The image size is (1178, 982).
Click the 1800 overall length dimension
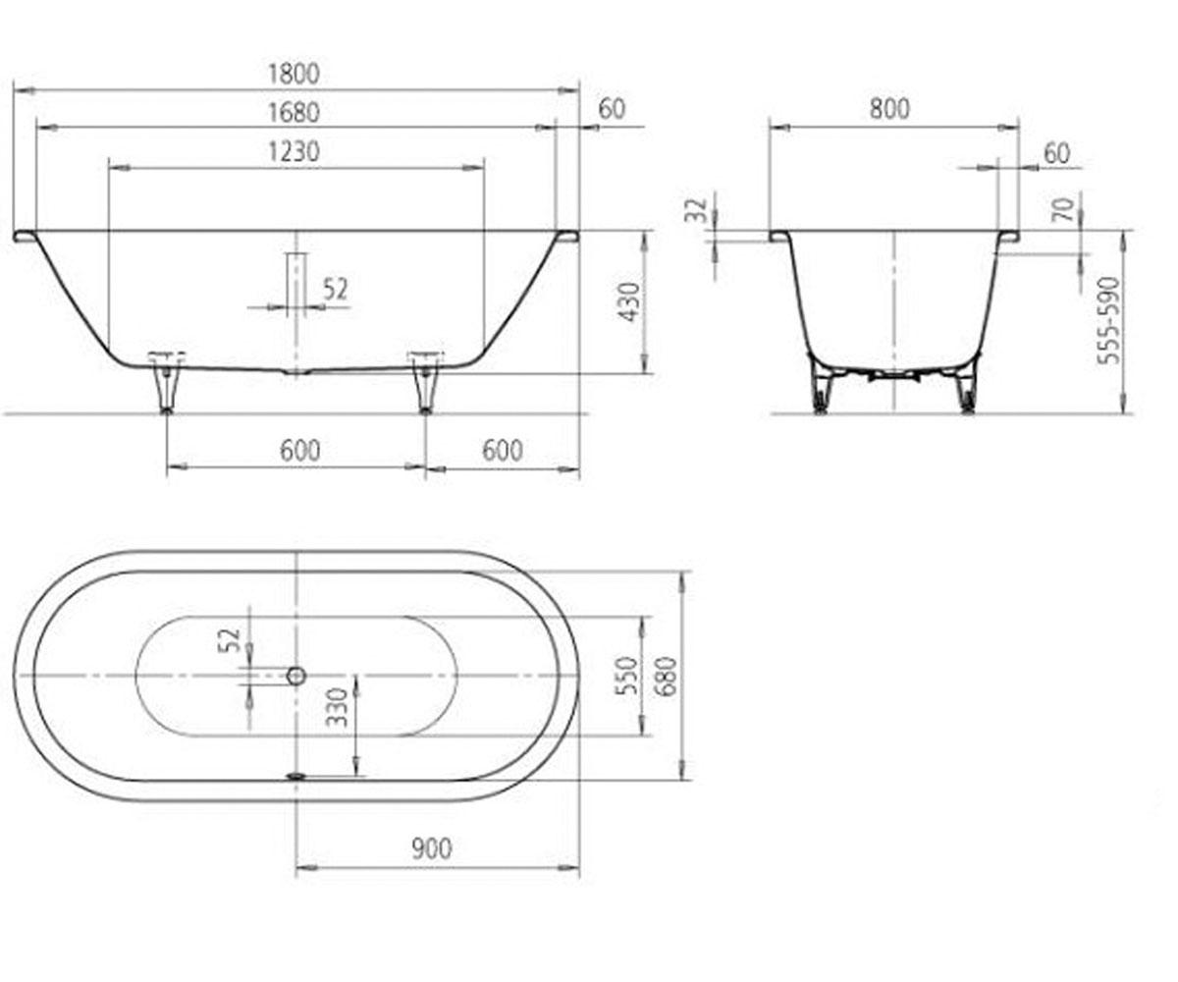pos(294,74)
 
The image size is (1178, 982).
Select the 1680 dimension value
pos(294,112)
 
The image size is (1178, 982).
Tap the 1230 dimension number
pos(294,152)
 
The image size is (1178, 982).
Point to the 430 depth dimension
pos(629,302)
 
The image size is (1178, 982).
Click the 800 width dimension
pos(889,109)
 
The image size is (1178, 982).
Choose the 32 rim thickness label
pos(698,210)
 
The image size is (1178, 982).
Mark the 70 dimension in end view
pos(1064,209)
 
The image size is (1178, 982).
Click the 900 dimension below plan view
pos(432,848)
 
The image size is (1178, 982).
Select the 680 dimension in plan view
pos(667,677)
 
